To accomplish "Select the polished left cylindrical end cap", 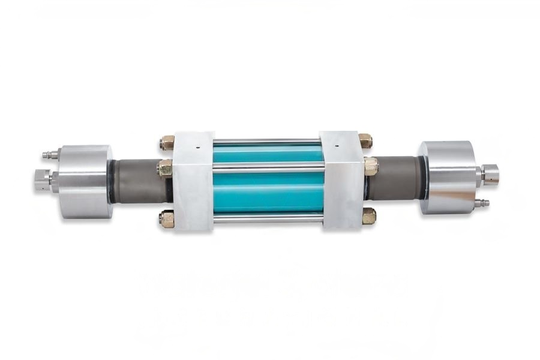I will click(85, 181).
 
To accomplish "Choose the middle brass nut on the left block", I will click(165, 169).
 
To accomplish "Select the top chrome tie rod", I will click(268, 142).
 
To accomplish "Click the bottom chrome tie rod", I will click(268, 220).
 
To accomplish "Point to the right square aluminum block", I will click(341, 181).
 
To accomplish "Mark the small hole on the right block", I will click(337, 145).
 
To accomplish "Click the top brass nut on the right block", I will click(365, 142).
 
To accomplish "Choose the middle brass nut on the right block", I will click(370, 166).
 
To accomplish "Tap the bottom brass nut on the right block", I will click(368, 216).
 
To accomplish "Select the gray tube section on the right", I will click(394, 178).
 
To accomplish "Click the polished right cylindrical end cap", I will click(447, 178).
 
